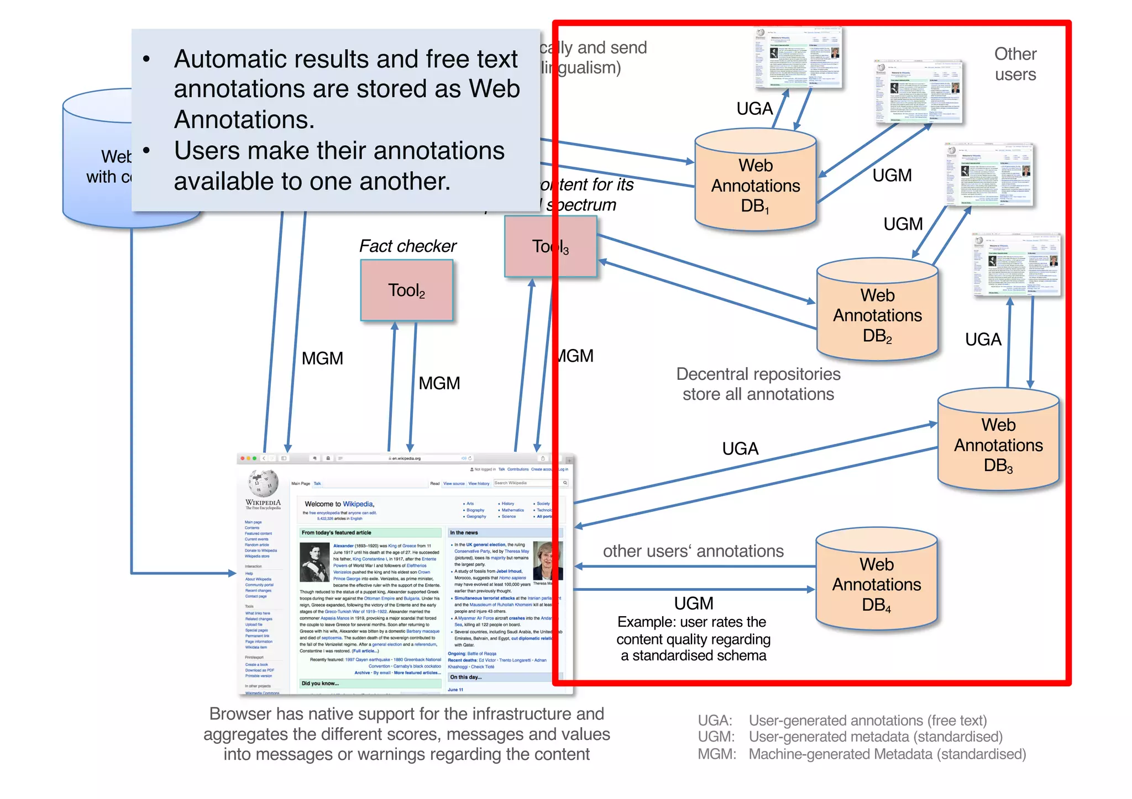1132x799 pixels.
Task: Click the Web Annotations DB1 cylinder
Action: coord(755,182)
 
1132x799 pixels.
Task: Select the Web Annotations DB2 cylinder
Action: coord(877,312)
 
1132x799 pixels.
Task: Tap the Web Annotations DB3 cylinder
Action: coord(998,442)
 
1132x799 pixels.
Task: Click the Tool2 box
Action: coord(407,290)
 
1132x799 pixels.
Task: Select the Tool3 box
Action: coord(550,246)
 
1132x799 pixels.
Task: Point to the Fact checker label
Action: coord(407,246)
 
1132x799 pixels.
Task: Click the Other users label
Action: coord(1015,64)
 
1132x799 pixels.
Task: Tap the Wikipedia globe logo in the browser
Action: coord(263,483)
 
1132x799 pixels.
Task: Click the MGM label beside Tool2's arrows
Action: coord(439,383)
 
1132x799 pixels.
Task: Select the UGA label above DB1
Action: coord(754,109)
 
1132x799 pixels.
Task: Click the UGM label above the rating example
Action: coord(693,603)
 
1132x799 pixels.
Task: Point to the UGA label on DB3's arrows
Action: coord(740,448)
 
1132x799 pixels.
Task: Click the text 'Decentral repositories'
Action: coord(758,374)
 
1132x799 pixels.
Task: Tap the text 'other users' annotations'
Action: coord(693,551)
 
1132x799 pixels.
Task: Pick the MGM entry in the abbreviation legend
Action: coord(716,754)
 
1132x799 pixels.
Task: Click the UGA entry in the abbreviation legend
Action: coord(715,721)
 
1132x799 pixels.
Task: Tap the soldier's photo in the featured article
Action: coord(315,562)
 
